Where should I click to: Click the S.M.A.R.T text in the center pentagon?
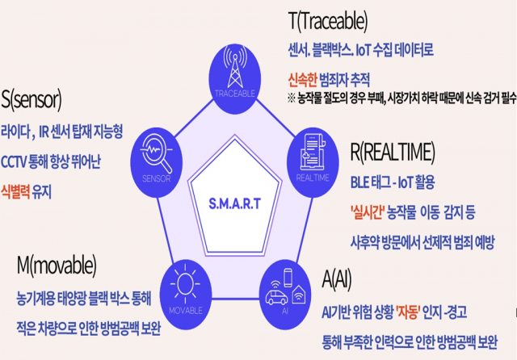point(234,203)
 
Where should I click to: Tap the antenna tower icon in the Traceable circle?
point(235,67)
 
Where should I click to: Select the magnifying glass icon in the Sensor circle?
point(156,154)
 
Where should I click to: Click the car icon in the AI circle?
point(276,297)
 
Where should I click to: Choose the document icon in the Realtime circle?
point(313,153)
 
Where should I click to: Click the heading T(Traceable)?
point(328,22)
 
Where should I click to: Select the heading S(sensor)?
point(32,99)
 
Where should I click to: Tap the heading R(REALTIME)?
point(393,153)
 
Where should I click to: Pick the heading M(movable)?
point(57,266)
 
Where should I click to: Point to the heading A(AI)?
point(337,280)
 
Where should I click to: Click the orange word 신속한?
point(302,79)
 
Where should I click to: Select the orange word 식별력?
point(15,191)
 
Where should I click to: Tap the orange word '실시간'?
point(368,212)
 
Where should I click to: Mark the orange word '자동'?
point(408,312)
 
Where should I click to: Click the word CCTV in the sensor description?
point(14,161)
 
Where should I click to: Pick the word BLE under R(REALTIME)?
point(359,182)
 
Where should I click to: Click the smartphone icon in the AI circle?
point(288,278)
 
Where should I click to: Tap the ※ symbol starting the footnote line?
point(292,98)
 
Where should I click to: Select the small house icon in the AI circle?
point(299,294)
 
